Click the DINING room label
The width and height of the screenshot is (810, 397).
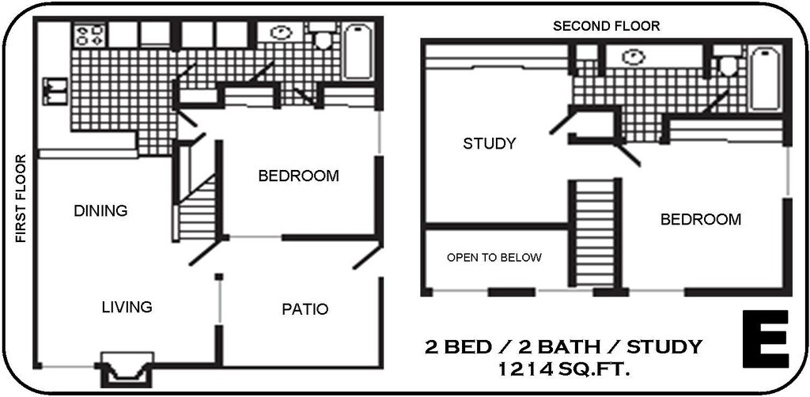(x=100, y=211)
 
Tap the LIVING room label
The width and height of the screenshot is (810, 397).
(x=127, y=307)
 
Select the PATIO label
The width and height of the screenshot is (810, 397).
(x=305, y=309)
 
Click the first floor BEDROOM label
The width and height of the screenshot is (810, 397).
(x=298, y=176)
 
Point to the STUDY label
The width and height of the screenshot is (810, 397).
(x=489, y=144)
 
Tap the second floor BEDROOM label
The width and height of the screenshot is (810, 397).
(x=700, y=219)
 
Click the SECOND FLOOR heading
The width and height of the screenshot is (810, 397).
(x=606, y=26)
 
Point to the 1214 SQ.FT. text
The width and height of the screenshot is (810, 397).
(x=563, y=369)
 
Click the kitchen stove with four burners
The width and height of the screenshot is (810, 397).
(x=89, y=34)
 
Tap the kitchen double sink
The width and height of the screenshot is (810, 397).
(x=56, y=90)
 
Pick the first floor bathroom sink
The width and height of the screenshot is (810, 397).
(x=281, y=33)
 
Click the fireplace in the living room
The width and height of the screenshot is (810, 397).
(x=124, y=369)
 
